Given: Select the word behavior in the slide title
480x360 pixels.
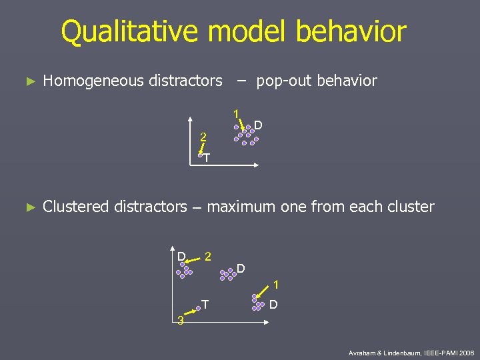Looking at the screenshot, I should click(353, 31).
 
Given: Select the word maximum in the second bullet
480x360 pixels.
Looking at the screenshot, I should click(235, 207).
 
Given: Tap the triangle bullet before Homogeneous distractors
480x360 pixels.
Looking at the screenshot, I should click(29, 81).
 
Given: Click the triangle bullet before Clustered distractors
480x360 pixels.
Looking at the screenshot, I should click(29, 207).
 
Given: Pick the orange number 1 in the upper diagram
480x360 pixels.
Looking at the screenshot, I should click(236, 113).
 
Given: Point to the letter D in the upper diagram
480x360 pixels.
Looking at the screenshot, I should click(258, 125).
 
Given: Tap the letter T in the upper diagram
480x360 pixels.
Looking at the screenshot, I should click(207, 159).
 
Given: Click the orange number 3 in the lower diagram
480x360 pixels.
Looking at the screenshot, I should click(181, 321).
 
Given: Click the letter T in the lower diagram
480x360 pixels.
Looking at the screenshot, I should click(206, 305).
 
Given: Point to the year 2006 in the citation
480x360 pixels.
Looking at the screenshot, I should click(465, 353).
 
